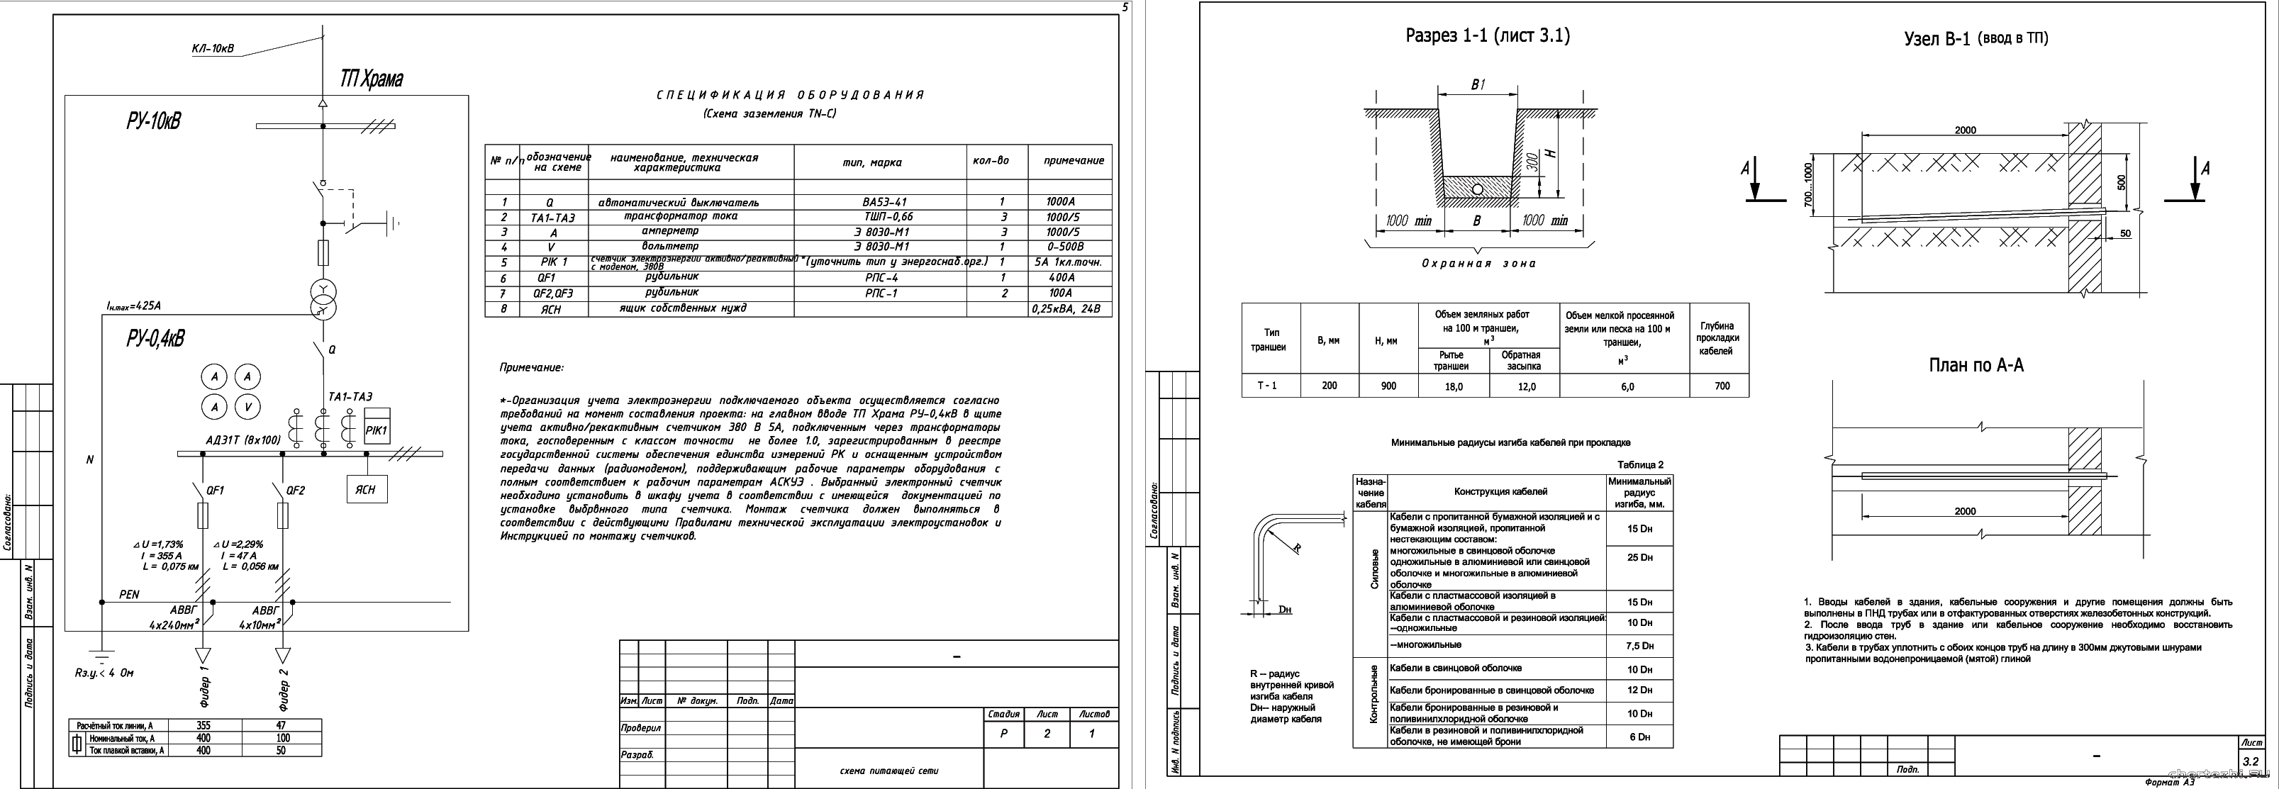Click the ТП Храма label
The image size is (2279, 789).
[x=371, y=79]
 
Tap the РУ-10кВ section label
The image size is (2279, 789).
[x=153, y=121]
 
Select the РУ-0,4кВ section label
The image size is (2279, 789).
[x=156, y=339]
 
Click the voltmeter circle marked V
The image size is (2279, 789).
[x=247, y=407]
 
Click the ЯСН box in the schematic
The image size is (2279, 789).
[x=365, y=489]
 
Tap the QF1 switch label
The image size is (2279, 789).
[x=215, y=490]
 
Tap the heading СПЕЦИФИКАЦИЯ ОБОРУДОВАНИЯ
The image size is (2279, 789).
[x=790, y=95]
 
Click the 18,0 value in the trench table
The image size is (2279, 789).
[x=1454, y=386]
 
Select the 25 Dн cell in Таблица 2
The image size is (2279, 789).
[x=1639, y=557]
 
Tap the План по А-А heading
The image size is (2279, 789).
[x=1976, y=365]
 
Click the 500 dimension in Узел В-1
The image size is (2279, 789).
[x=2122, y=182]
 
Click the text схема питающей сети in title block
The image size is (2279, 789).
[x=888, y=771]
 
